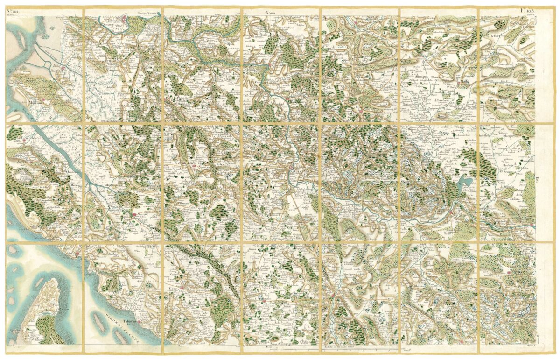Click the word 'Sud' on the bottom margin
pyautogui.click(x=267, y=347)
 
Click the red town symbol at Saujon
pyautogui.click(x=134, y=214)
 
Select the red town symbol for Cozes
pyautogui.click(x=181, y=282)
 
